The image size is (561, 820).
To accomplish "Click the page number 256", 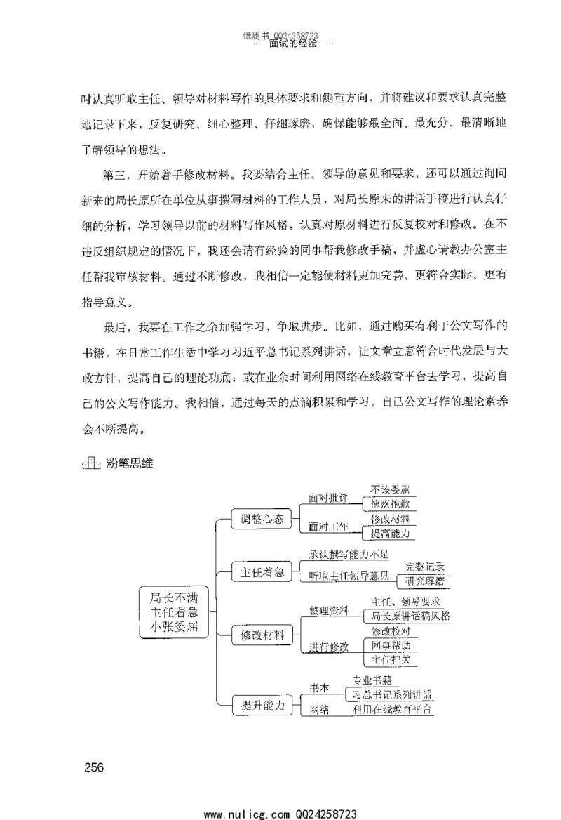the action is tap(93, 767).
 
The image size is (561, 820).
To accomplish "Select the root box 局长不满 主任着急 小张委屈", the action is tap(174, 612).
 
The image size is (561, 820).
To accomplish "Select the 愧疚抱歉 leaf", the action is tap(394, 503).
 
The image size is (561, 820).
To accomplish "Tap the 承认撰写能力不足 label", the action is tap(349, 555).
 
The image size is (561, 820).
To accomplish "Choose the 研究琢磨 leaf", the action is tap(424, 581).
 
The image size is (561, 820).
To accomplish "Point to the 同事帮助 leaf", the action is tap(391, 644).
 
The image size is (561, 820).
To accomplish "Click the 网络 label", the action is tap(319, 710).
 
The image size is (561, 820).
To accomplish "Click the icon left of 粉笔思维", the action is tap(90, 463).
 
